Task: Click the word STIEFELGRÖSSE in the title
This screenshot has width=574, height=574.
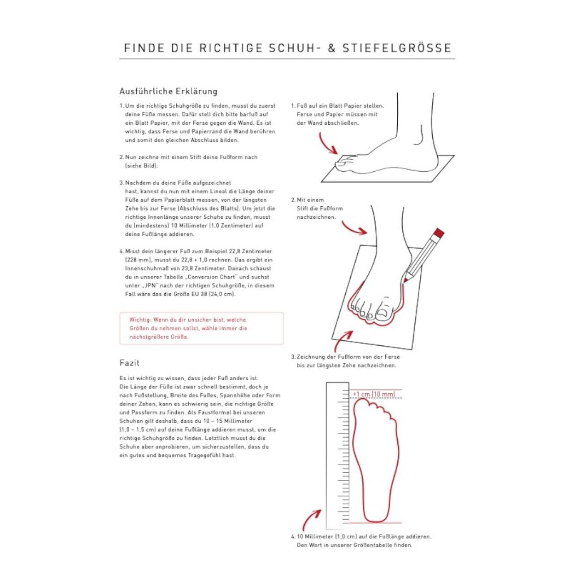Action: pyautogui.click(x=397, y=48)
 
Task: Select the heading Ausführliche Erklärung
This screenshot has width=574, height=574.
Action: pyautogui.click(x=168, y=91)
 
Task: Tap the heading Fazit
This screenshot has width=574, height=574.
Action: pyautogui.click(x=129, y=363)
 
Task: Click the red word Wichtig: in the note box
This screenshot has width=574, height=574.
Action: pyautogui.click(x=140, y=320)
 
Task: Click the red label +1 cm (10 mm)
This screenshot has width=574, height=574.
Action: pyautogui.click(x=374, y=394)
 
